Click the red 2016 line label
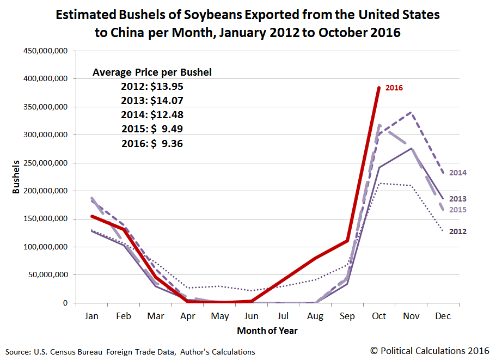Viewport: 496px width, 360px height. pos(394,87)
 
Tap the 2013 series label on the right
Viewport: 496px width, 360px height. pos(458,199)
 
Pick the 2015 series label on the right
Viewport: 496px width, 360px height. pos(458,210)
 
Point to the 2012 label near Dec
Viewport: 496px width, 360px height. pos(458,231)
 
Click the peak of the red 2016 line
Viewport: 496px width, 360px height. pos(379,87)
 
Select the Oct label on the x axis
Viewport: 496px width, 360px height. pos(379,316)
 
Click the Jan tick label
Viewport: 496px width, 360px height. pos(91,316)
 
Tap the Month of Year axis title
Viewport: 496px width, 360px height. pos(267,330)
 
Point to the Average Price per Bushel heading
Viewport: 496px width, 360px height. pos(152,72)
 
